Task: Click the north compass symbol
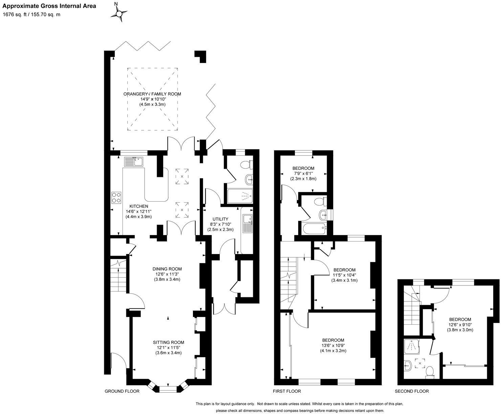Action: click(119, 13)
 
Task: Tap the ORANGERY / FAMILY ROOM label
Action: click(154, 94)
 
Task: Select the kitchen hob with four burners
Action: click(116, 197)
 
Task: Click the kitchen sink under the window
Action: click(134, 162)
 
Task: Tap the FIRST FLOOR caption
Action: click(287, 391)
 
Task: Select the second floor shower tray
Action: click(411, 346)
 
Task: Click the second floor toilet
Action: click(430, 371)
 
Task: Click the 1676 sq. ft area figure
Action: click(16, 15)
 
